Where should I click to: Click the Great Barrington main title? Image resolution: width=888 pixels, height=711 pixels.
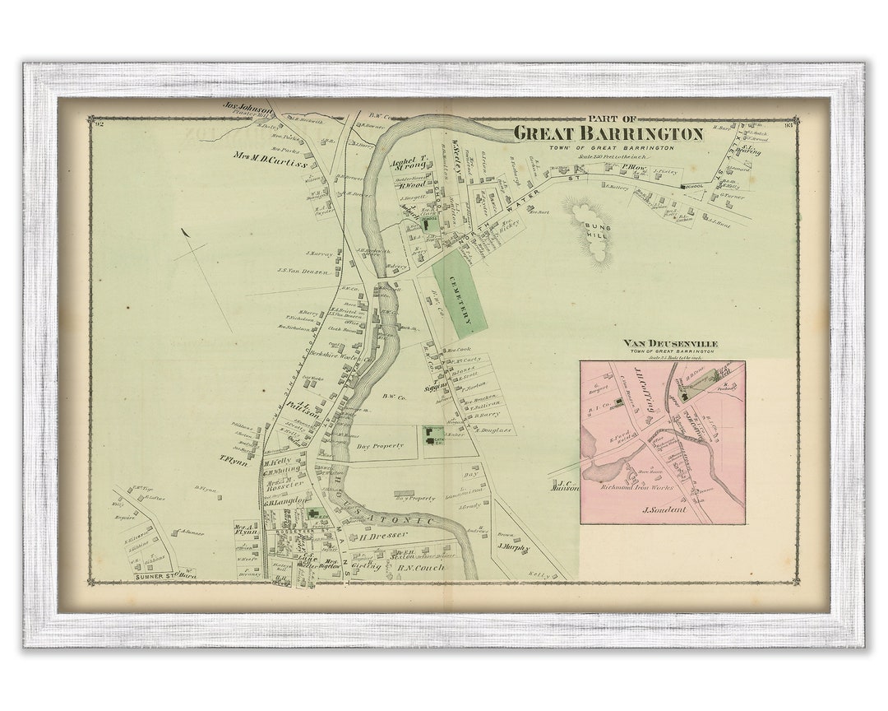click(608, 133)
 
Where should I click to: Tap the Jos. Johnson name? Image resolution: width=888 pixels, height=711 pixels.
click(248, 106)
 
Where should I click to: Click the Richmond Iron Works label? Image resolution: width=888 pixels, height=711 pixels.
click(638, 487)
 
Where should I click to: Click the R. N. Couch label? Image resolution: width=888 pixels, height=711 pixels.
click(420, 567)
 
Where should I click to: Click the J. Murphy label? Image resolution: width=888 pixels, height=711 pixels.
click(513, 546)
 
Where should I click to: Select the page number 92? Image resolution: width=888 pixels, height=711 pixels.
click(99, 124)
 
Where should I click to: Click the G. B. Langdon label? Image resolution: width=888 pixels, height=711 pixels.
click(285, 500)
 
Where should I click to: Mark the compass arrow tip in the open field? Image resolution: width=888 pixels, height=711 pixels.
click(183, 231)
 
